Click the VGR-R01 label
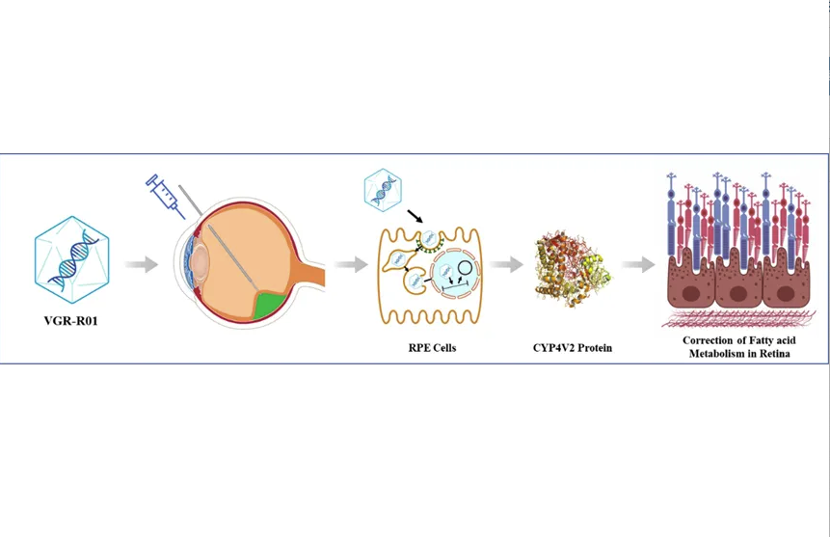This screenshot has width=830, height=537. pyautogui.click(x=72, y=313)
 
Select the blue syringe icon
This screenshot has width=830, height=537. pyautogui.click(x=166, y=195)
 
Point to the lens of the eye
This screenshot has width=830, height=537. pyautogui.click(x=201, y=260)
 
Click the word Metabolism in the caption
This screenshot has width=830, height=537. pyautogui.click(x=717, y=354)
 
